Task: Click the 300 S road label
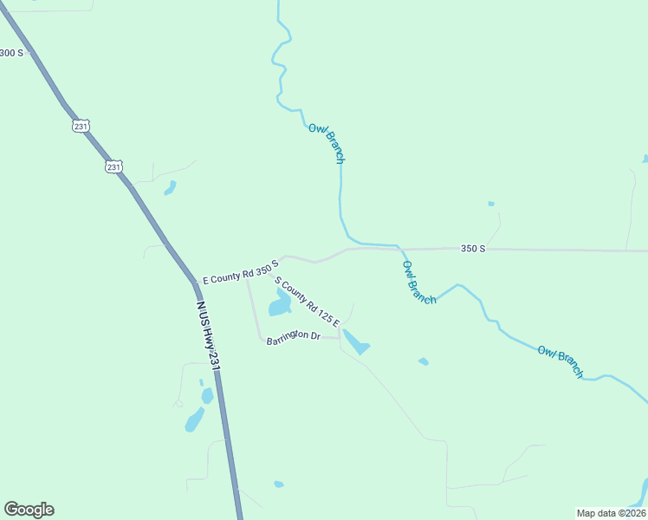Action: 12,53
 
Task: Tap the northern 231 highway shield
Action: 81,126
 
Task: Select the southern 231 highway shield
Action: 113,166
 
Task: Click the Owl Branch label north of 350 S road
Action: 327,143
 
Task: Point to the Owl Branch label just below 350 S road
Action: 419,282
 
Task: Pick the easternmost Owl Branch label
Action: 561,361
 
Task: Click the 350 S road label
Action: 473,249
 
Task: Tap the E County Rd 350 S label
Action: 240,271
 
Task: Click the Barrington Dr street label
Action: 294,337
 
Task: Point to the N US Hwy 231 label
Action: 208,336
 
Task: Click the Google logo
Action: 29,510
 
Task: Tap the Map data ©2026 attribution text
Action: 611,512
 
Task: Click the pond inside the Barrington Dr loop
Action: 280,304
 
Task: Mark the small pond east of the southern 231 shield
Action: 170,187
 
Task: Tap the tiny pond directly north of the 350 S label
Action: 491,204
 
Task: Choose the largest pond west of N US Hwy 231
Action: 195,419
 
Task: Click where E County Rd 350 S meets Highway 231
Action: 193,282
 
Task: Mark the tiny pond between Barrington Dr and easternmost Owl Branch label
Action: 423,361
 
